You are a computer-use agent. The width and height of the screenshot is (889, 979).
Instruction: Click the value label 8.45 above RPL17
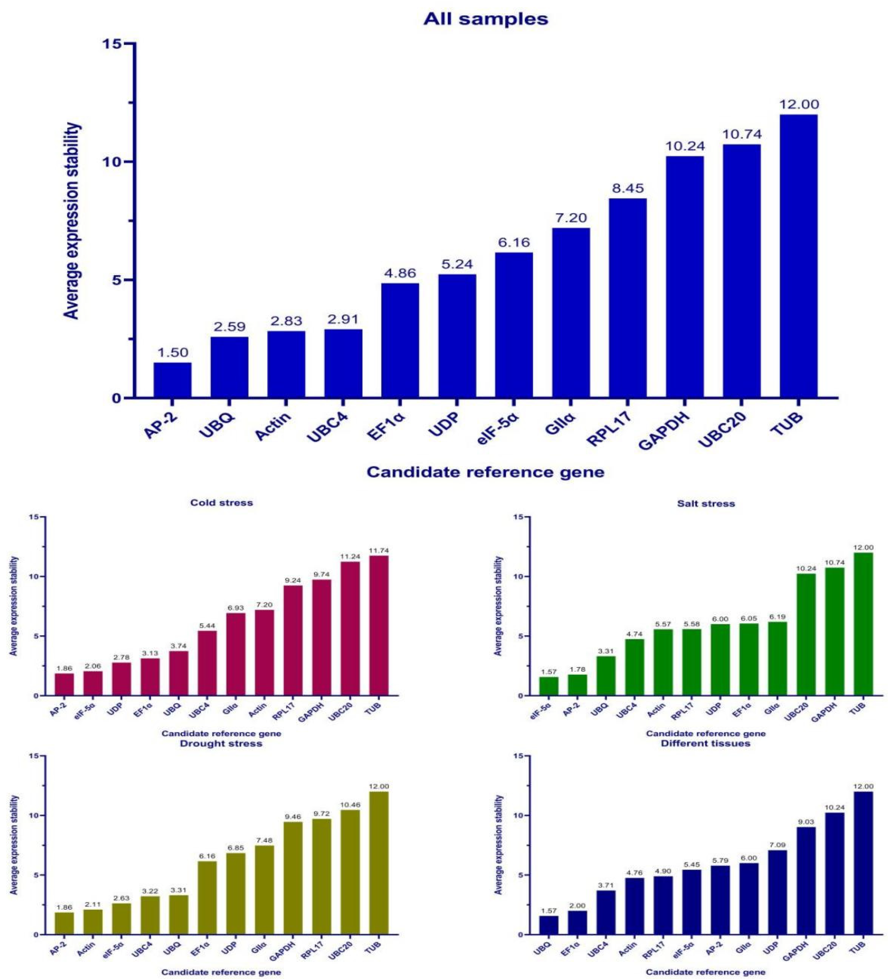[x=628, y=188]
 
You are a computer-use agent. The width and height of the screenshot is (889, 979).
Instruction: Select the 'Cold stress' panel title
[x=221, y=503]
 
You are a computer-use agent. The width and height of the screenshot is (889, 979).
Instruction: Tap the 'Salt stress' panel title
[x=705, y=503]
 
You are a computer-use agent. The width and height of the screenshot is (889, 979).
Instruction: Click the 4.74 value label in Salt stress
[x=634, y=634]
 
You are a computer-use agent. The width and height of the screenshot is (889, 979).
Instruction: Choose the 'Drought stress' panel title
[x=221, y=744]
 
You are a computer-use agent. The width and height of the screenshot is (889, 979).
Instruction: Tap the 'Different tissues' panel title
[x=705, y=744]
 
